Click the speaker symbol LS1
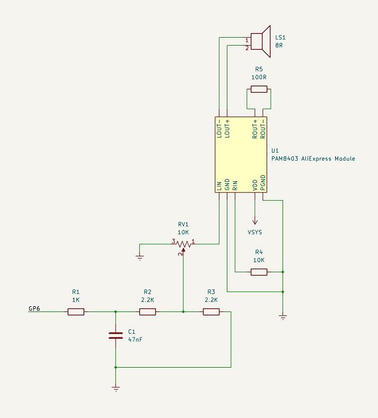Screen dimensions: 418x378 click(x=260, y=41)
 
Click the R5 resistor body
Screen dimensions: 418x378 click(x=259, y=89)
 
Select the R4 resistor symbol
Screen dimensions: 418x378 click(x=259, y=272)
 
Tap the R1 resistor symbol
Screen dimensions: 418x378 click(x=76, y=312)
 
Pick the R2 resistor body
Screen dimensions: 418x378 click(x=147, y=312)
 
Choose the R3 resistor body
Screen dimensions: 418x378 click(x=211, y=312)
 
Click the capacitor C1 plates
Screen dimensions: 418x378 click(x=116, y=335)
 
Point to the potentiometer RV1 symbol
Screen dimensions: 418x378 click(x=183, y=244)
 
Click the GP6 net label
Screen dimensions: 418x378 click(x=34, y=308)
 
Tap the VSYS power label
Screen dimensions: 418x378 click(x=254, y=232)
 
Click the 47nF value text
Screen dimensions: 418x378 click(x=135, y=340)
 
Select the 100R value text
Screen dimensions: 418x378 click(x=259, y=77)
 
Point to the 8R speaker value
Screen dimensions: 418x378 click(x=279, y=46)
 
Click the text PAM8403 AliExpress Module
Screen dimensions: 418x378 click(x=313, y=158)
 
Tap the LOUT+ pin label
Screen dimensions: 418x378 click(x=227, y=129)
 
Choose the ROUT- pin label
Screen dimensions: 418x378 click(x=262, y=129)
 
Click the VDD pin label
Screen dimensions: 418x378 click(x=254, y=185)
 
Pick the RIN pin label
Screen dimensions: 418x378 click(x=235, y=185)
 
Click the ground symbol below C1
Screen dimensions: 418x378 click(x=116, y=388)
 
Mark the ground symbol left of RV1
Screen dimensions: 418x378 click(x=139, y=257)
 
